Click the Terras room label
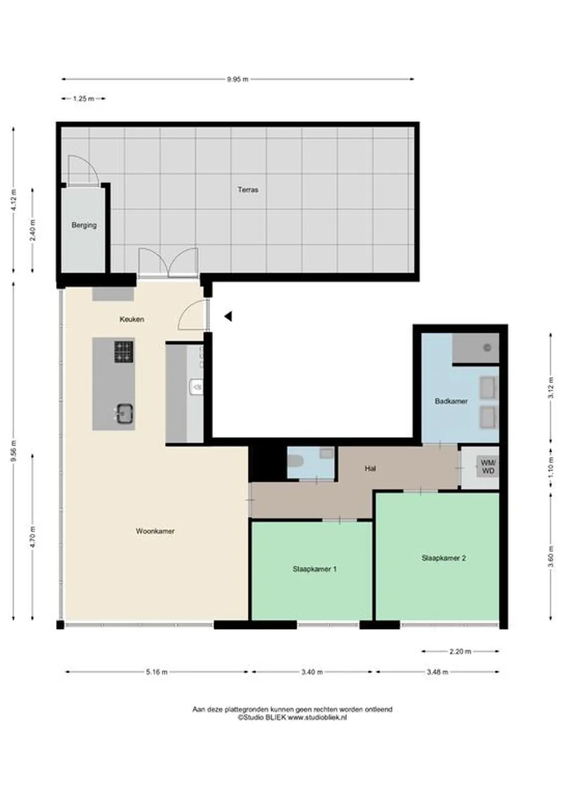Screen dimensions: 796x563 tap(247, 190)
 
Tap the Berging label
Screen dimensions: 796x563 tap(84, 225)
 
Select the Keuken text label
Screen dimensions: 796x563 tap(131, 319)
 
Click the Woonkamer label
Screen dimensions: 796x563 tap(155, 531)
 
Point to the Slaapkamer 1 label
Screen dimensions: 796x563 tap(314, 569)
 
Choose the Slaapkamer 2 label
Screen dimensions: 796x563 tap(443, 558)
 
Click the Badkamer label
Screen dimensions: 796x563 tap(450, 401)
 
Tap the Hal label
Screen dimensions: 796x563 tap(370, 468)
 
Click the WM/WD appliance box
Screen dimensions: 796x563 tap(487, 467)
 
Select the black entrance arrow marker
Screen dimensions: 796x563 tap(228, 316)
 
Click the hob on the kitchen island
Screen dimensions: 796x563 tap(123, 351)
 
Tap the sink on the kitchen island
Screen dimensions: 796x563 tap(124, 413)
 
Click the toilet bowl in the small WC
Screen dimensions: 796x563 tap(295, 461)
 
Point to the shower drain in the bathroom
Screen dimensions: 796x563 tap(487, 348)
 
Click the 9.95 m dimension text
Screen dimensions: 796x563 tap(237, 79)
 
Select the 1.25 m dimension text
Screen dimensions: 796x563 tap(83, 99)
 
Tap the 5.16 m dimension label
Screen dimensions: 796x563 tap(156, 672)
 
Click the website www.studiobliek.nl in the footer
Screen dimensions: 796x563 tap(317, 717)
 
